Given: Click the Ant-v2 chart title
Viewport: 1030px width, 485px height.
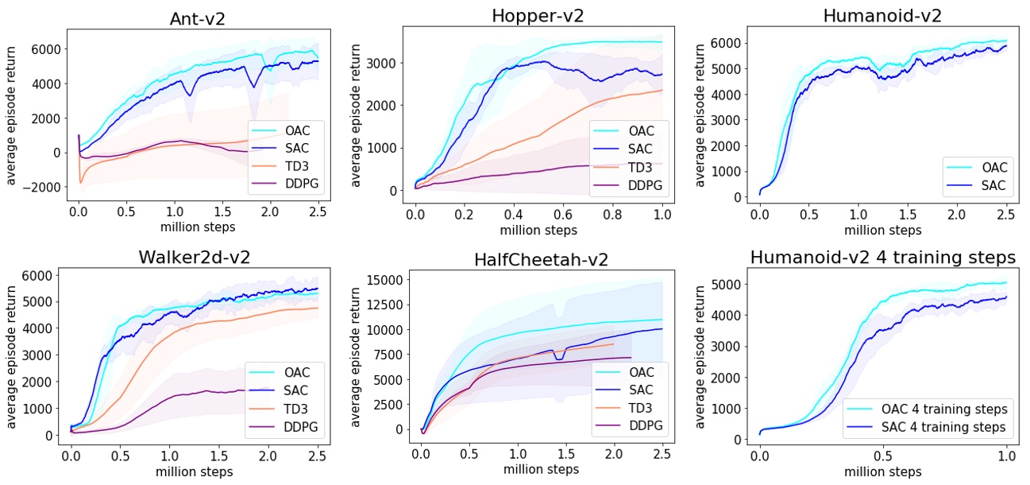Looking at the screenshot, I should (x=198, y=19).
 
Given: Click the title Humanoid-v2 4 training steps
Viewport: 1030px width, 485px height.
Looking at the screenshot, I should (x=883, y=258).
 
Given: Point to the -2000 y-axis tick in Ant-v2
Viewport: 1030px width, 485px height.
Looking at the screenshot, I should (x=42, y=187).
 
